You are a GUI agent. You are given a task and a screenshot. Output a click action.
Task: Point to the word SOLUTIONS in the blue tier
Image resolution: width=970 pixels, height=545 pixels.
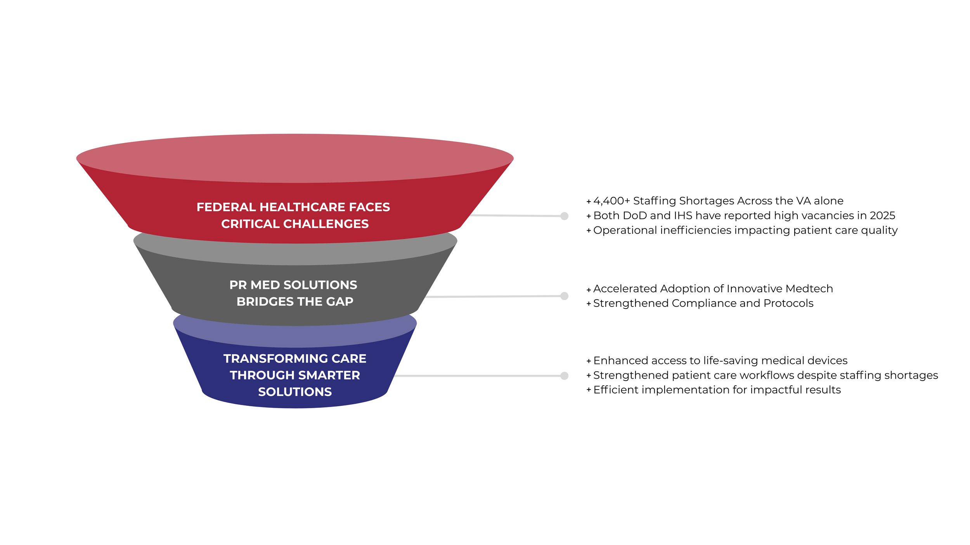click(x=295, y=392)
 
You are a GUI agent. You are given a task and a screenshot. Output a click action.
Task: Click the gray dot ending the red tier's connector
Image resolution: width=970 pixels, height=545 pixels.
click(x=565, y=216)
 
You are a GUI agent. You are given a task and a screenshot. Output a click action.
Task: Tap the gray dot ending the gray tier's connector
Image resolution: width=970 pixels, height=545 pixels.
click(x=565, y=296)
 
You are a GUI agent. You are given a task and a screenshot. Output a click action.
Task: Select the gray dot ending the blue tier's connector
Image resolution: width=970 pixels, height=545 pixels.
click(x=565, y=376)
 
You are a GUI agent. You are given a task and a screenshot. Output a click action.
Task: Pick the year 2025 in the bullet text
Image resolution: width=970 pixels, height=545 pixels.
click(x=882, y=216)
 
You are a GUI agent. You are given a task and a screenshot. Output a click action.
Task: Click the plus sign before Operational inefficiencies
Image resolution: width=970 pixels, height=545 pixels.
click(x=589, y=231)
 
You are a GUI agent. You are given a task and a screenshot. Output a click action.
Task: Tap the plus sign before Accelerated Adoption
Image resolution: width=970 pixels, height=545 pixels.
click(x=589, y=290)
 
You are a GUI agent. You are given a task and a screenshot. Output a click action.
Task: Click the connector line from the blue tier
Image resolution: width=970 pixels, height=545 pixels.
click(x=477, y=376)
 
